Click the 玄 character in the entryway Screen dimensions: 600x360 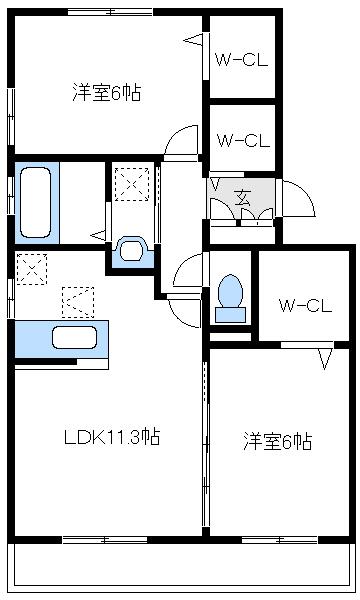pyautogui.click(x=242, y=196)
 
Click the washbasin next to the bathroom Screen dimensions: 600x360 pyautogui.click(x=131, y=249)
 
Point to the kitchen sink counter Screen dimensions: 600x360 pyautogui.click(x=60, y=340)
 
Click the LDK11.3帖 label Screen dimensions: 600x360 pyautogui.click(x=111, y=437)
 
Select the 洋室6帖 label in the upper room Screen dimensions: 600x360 pyautogui.click(x=105, y=93)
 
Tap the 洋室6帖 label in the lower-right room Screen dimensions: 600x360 pyautogui.click(x=276, y=440)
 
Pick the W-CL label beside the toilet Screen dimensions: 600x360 pyautogui.click(x=304, y=304)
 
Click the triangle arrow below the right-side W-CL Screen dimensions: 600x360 pyautogui.click(x=325, y=358)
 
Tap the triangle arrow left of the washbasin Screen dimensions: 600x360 pyautogui.click(x=98, y=236)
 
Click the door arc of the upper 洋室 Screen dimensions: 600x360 pyautogui.click(x=181, y=142)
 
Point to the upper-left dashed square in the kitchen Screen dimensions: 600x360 pyautogui.click(x=31, y=269)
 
